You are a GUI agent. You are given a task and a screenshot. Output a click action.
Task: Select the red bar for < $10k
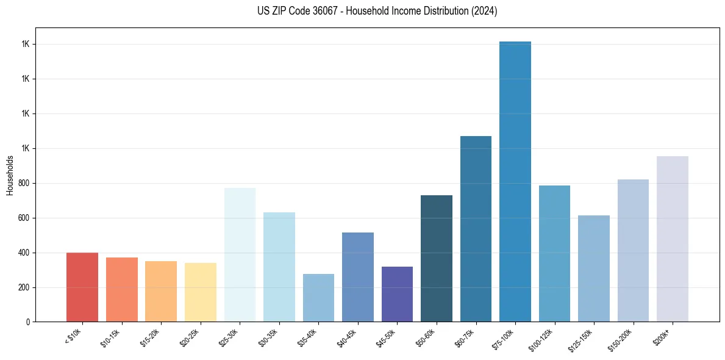(82, 287)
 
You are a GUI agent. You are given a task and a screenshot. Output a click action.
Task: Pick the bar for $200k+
(673, 239)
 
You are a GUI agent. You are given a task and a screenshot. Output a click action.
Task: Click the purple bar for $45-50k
(397, 294)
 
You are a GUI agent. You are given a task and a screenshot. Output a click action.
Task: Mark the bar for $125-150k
(594, 268)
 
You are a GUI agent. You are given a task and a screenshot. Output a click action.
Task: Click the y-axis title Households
(10, 175)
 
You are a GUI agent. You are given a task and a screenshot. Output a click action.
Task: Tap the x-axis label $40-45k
(347, 337)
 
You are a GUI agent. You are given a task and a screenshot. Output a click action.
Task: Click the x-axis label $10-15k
(110, 337)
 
